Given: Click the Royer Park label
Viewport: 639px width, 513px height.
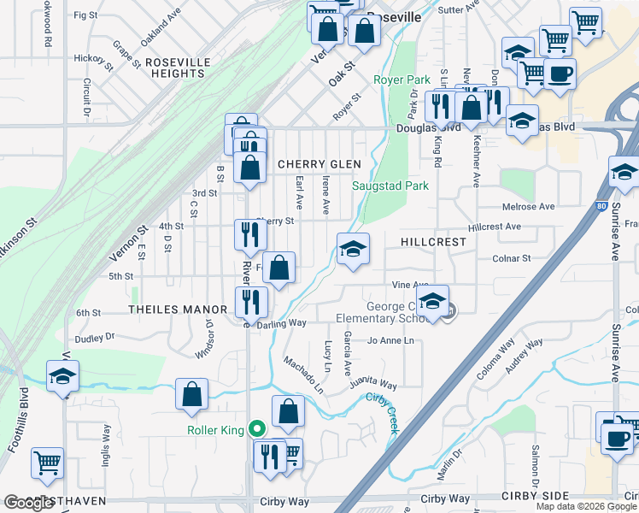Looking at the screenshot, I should (402, 80).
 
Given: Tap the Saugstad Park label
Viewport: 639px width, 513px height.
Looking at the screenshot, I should (390, 186).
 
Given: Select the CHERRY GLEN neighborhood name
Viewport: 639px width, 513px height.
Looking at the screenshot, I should (319, 164).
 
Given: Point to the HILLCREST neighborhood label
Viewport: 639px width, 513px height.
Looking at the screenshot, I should (434, 242).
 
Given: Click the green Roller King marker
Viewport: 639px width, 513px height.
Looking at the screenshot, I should (255, 429).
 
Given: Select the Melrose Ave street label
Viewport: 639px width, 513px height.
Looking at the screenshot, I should (529, 207).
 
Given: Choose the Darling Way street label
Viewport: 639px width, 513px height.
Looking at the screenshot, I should (281, 323).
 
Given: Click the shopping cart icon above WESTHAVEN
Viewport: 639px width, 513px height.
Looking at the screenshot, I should (47, 463).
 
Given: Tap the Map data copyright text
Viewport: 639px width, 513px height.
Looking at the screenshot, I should (586, 506).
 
